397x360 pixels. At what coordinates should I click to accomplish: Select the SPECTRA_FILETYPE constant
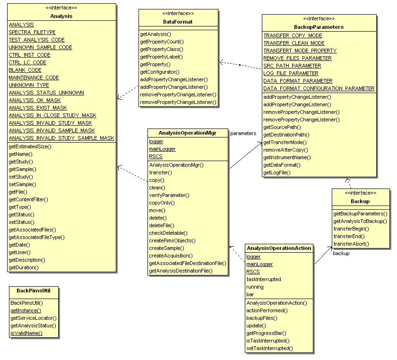(32, 32)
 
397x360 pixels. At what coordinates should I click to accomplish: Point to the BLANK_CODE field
(25, 70)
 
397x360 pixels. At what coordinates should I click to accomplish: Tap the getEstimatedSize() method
(30, 146)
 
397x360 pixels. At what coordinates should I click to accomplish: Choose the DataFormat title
(178, 22)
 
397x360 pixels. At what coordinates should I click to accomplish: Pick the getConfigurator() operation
(160, 72)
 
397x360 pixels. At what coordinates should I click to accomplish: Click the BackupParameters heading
(319, 27)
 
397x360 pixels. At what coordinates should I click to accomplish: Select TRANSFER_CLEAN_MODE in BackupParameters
(294, 43)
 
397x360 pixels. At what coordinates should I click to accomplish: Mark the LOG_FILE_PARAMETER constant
(291, 73)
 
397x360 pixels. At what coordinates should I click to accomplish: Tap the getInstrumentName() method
(287, 157)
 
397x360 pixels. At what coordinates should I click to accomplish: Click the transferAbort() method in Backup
(351, 244)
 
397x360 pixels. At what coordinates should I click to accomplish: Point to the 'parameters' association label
(243, 133)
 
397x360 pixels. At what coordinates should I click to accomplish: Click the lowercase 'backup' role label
(341, 254)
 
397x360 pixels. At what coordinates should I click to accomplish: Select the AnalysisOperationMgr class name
(187, 133)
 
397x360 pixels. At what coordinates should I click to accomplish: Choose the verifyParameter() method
(169, 195)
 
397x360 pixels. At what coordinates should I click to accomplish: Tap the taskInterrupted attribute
(264, 279)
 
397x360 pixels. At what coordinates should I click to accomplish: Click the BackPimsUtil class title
(33, 291)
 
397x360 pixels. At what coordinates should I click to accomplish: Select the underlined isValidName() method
(26, 333)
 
